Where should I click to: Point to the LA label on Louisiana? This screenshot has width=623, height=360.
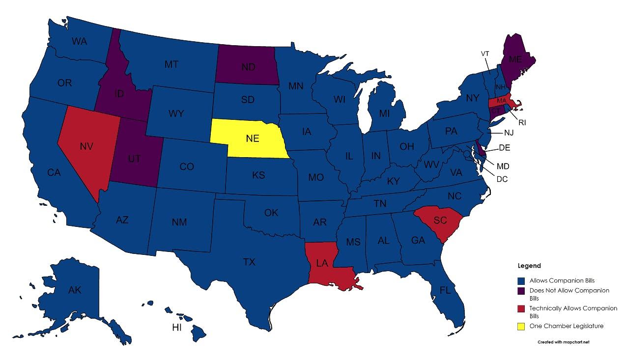pyautogui.click(x=322, y=263)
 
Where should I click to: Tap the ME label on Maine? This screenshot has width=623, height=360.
pyautogui.click(x=515, y=59)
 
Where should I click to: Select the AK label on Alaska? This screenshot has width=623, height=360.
pyautogui.click(x=75, y=290)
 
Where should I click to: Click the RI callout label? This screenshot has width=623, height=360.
pyautogui.click(x=522, y=122)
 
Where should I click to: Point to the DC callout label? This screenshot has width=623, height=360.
pyautogui.click(x=502, y=179)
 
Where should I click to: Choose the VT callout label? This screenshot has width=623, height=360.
pyautogui.click(x=485, y=54)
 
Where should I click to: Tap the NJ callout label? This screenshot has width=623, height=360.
pyautogui.click(x=508, y=133)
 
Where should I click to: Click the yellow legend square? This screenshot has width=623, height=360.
pyautogui.click(x=522, y=326)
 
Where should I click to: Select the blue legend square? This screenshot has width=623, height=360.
pyautogui.click(x=522, y=281)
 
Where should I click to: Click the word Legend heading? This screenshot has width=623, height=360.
pyautogui.click(x=529, y=266)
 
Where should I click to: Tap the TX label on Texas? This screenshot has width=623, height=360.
pyautogui.click(x=249, y=262)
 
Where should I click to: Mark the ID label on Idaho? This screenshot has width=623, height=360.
pyautogui.click(x=118, y=93)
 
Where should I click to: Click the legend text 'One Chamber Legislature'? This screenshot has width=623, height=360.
pyautogui.click(x=566, y=326)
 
